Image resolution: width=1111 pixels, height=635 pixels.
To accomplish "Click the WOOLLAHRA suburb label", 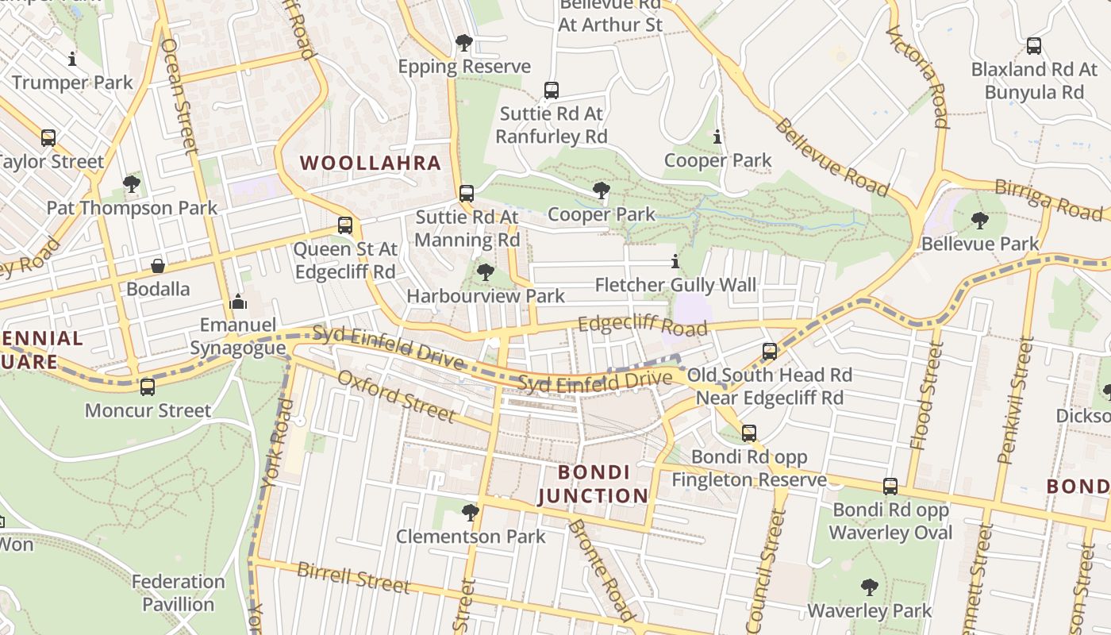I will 370,164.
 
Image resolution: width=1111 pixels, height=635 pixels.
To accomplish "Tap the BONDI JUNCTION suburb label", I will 594,484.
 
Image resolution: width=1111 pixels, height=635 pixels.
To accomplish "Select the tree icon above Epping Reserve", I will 464,43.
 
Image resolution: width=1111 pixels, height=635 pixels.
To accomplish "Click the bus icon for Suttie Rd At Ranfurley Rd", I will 552,90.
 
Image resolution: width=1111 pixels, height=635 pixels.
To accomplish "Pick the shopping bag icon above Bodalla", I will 158,265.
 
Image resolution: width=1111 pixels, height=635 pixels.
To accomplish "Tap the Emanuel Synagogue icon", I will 238,302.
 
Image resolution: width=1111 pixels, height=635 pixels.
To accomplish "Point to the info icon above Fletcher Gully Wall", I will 675,261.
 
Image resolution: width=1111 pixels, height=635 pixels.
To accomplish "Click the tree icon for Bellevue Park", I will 980,220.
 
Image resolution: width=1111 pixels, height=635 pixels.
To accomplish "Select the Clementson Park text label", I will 471,537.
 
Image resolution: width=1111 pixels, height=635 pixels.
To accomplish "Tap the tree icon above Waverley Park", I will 870,587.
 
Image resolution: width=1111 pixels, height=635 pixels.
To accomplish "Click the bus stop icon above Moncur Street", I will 148,387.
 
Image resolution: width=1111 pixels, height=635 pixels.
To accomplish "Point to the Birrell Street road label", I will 353,578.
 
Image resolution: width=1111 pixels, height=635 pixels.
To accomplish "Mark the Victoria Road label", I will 918,76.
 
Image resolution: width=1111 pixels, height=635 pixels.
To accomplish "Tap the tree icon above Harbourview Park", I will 485,272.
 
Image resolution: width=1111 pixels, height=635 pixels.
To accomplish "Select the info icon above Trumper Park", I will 72,59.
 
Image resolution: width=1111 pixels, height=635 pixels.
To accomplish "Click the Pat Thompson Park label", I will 132,208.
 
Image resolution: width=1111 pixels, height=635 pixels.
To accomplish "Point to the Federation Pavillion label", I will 178,593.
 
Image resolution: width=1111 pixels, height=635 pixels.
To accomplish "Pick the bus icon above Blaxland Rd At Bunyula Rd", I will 1033,46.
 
